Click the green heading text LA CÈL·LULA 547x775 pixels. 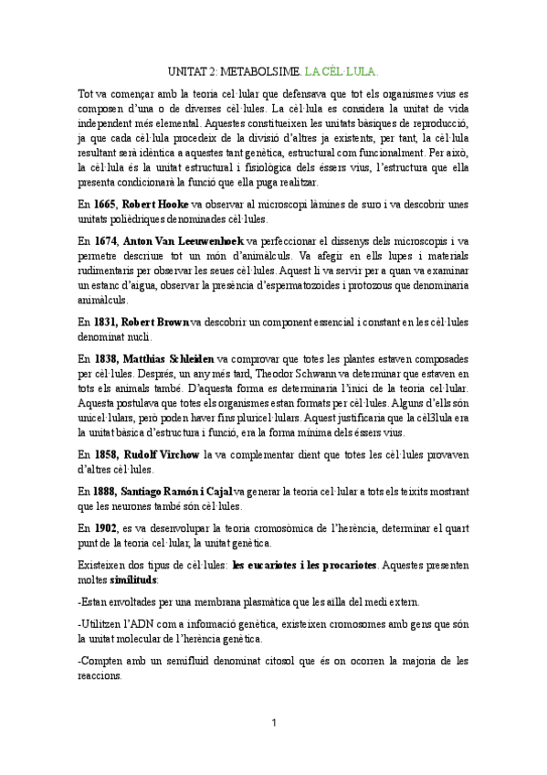[342, 69]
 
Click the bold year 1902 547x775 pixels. [106, 526]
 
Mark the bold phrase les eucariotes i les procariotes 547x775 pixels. [305, 563]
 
